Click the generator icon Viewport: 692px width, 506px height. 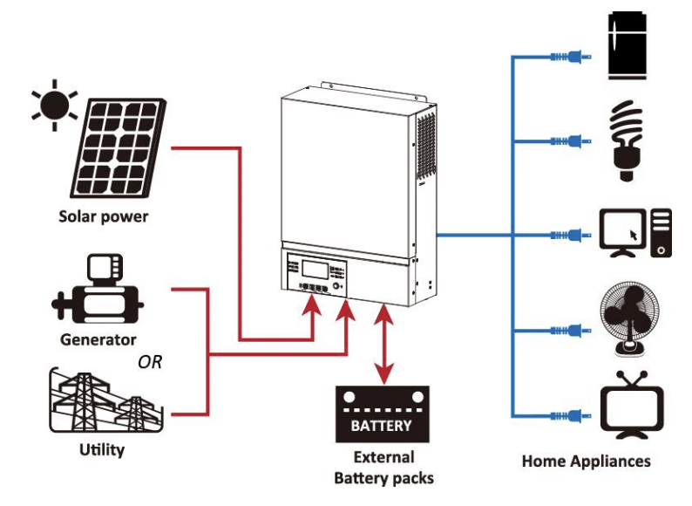98,292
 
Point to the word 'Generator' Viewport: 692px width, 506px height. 98,339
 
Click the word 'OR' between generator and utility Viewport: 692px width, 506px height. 150,361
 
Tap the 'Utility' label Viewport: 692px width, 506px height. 102,451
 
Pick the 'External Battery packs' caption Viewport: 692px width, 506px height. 383,467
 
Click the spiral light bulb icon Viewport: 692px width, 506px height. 626,139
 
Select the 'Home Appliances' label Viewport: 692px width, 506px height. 586,461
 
